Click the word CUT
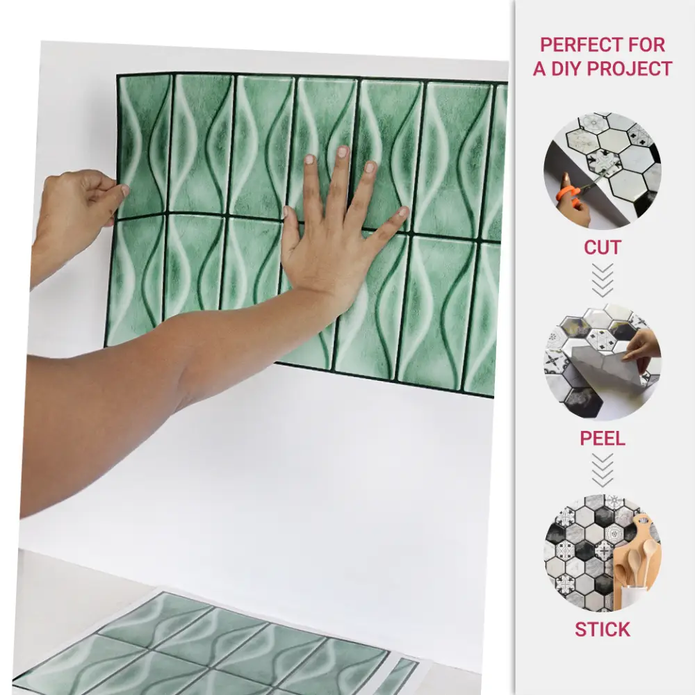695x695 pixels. (603, 247)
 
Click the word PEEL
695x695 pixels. (603, 439)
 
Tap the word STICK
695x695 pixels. (603, 630)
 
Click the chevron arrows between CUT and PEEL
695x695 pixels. (603, 280)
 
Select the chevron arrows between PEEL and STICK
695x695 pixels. (603, 471)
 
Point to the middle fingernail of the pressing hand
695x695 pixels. (342, 152)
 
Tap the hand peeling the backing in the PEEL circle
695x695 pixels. (644, 345)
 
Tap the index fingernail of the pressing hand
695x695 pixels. (310, 160)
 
